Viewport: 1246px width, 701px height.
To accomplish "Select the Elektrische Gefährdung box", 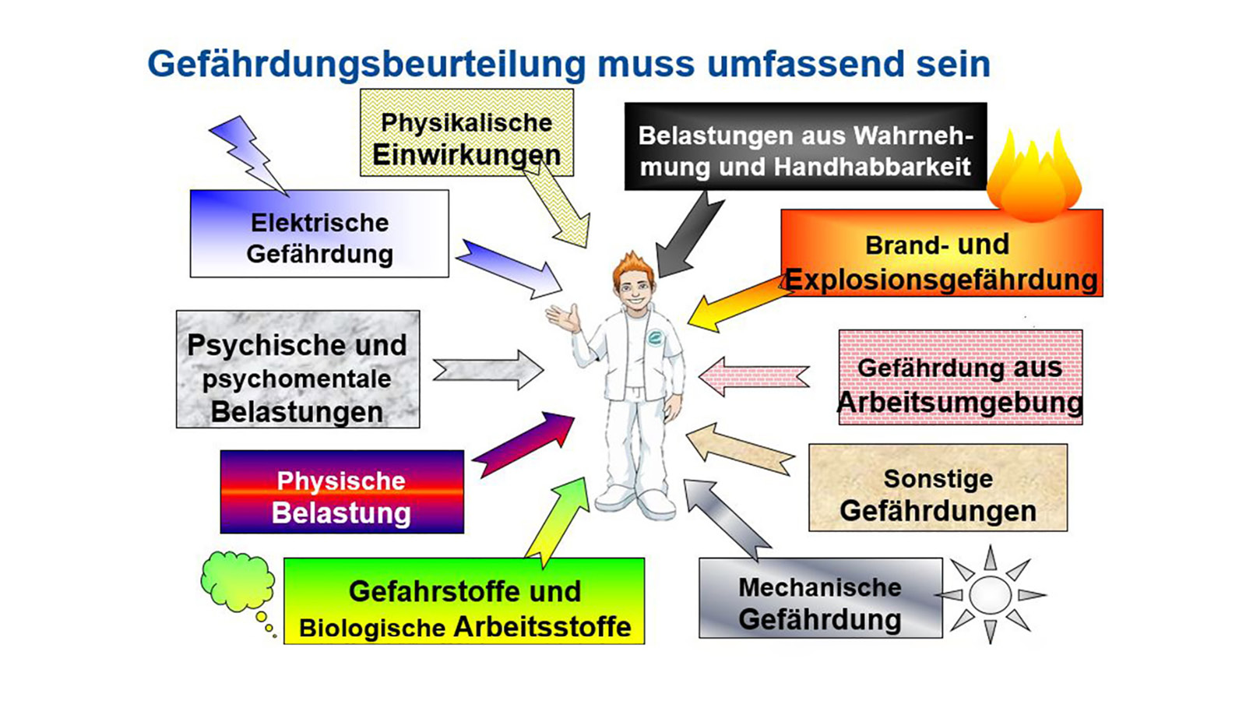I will coord(319,234).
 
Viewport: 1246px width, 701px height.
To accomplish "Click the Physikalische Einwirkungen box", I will coord(466,132).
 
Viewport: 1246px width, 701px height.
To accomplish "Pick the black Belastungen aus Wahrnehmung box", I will coord(805,146).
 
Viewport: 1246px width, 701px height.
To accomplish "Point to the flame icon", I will coord(1033,178).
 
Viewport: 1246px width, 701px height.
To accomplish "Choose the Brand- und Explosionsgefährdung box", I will coord(942,253).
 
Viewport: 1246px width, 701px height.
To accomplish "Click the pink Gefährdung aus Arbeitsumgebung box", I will coord(960,378).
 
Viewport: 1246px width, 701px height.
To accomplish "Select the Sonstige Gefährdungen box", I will coord(938,488).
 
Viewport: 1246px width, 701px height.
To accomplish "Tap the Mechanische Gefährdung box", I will coord(820,598).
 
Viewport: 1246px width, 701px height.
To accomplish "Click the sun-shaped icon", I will coord(990,595).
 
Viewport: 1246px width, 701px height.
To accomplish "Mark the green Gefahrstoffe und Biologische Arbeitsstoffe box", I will coord(464,601).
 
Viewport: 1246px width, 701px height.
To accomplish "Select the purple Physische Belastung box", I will coord(342,492).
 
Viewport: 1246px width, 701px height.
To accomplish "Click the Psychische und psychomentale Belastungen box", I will coord(297,370).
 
